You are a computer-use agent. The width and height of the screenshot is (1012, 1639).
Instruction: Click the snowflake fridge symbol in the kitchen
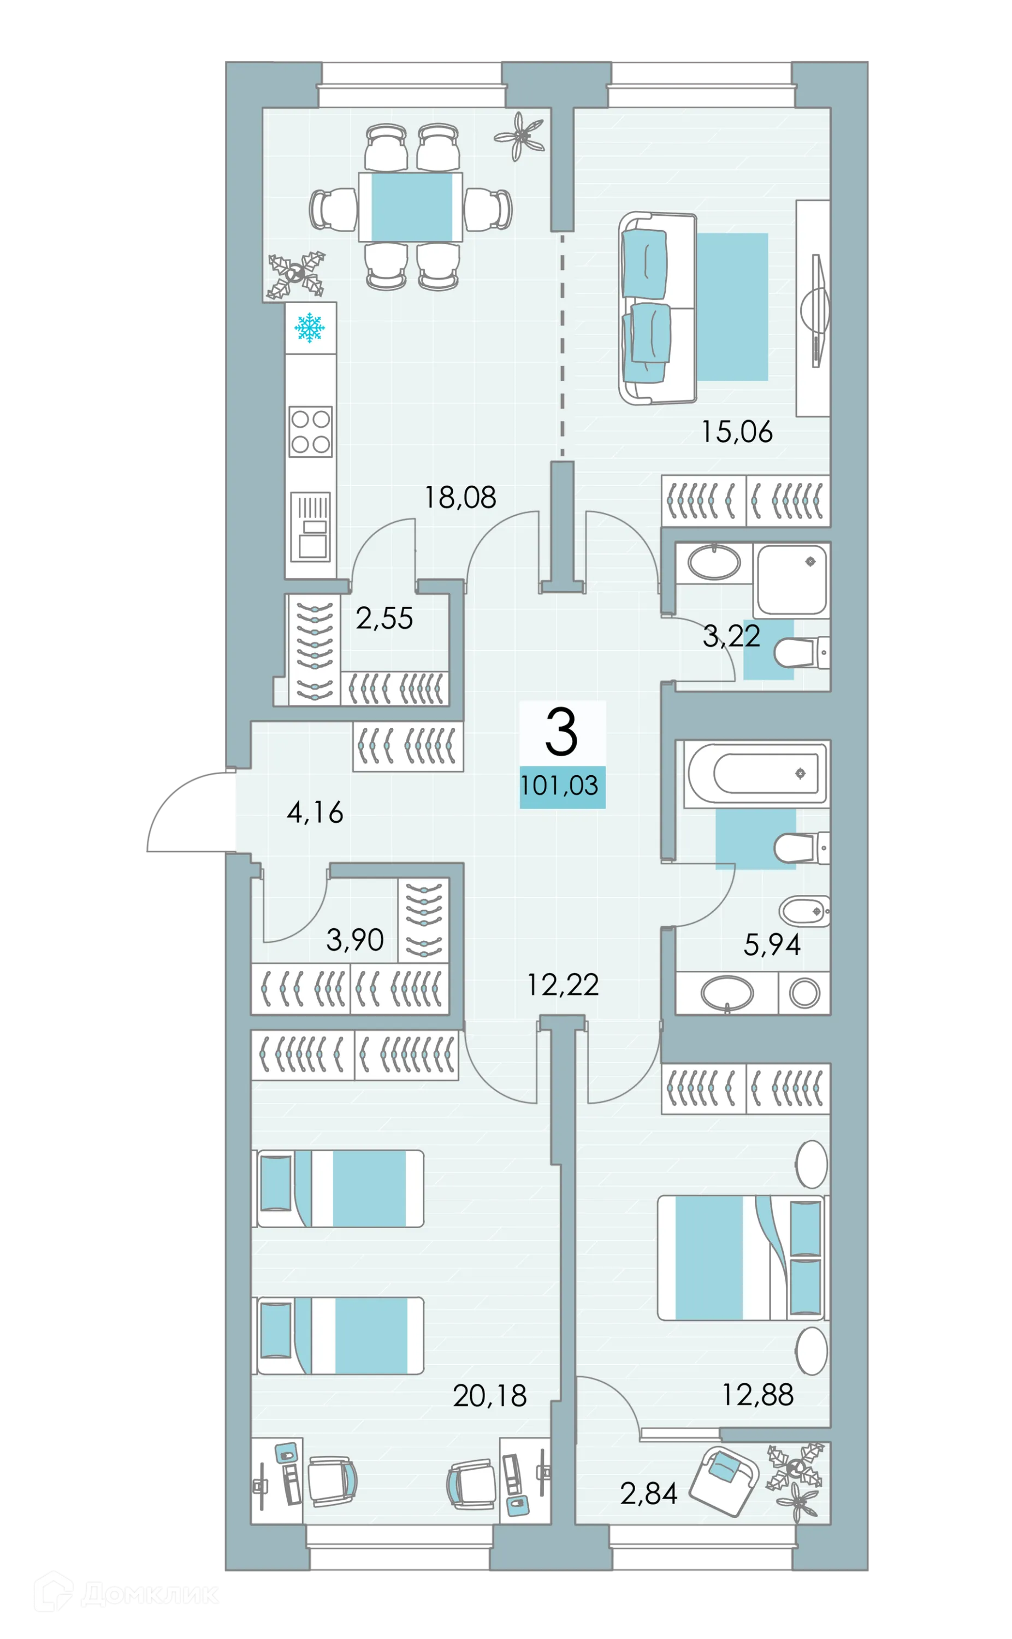309,327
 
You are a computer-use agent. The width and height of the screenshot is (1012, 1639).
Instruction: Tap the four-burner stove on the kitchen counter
311,431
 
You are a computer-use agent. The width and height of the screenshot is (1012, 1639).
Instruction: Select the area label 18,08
460,498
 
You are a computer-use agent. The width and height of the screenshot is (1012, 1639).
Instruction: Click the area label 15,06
736,432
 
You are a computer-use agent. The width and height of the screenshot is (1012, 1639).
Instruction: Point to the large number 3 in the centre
561,733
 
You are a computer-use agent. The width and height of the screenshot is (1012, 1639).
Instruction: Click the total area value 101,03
560,786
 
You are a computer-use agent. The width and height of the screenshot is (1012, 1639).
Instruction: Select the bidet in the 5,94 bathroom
803,911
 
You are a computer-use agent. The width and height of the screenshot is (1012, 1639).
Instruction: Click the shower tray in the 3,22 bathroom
792,580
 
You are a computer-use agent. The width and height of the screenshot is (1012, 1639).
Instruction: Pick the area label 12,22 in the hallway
562,985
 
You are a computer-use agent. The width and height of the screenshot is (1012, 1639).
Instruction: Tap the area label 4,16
315,812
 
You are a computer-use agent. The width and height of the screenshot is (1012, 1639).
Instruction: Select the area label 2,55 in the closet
384,618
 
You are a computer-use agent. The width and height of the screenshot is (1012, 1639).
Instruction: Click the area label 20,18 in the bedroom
490,1396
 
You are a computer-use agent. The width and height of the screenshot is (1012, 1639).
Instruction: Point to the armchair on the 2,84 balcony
724,1481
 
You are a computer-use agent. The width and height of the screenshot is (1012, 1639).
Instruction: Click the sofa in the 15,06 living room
656,308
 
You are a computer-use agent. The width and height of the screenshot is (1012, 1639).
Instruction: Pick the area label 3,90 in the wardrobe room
355,941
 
